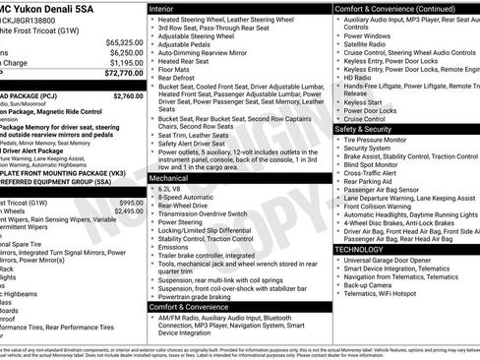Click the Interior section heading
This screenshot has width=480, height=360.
(168, 9)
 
